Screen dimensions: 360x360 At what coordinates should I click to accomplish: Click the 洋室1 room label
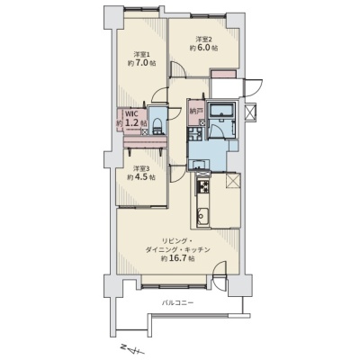[x=142, y=55]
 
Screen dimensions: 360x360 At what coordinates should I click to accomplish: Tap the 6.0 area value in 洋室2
[x=204, y=48]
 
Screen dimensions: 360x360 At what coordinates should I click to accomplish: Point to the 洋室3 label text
[x=141, y=168]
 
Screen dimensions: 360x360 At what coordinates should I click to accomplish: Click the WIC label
[x=130, y=114]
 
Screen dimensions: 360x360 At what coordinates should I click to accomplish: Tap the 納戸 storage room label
[x=194, y=111]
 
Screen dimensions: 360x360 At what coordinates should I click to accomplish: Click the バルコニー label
[x=178, y=302]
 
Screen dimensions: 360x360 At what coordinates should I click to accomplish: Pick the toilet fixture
[x=157, y=126]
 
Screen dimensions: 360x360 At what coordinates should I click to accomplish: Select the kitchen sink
[x=202, y=215]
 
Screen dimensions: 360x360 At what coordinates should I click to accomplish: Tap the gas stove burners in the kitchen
[x=202, y=187]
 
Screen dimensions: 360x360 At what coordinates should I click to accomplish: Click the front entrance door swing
[x=253, y=88]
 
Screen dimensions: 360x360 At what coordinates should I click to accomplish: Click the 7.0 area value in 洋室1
[x=141, y=63]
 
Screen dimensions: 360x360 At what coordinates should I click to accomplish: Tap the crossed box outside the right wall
[x=250, y=112]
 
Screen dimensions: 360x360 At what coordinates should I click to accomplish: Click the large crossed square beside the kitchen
[x=232, y=181]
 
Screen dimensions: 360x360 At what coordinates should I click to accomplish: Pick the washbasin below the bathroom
[x=198, y=165]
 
